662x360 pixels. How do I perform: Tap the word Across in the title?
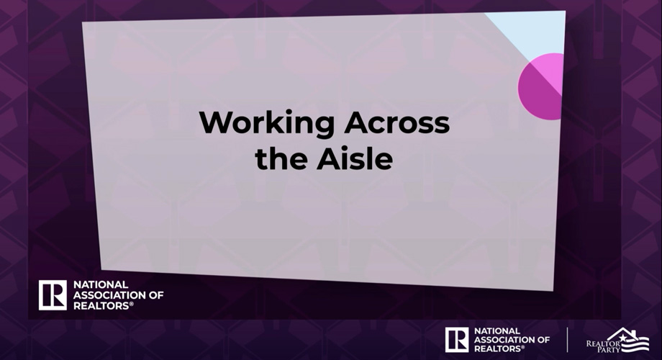click(397, 122)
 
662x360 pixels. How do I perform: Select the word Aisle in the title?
click(355, 158)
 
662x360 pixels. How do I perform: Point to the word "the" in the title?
click(281, 159)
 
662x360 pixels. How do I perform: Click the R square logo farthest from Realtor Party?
click(53, 295)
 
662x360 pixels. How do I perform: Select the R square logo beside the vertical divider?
click(457, 340)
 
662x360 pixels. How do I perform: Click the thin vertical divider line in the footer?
click(567, 340)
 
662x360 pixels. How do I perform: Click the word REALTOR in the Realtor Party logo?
click(603, 343)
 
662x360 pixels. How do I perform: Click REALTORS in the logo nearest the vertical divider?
click(498, 348)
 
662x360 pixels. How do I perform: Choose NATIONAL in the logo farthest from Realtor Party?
click(101, 285)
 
